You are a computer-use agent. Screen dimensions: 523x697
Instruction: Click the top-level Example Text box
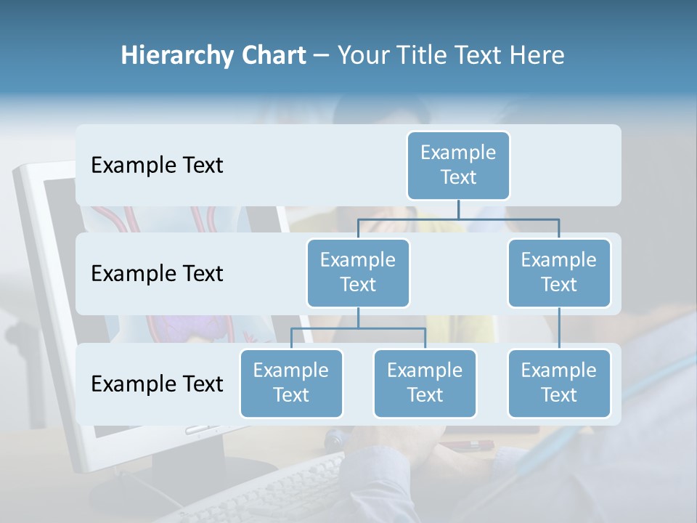[x=458, y=166]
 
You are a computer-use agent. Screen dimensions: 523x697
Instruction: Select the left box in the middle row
[x=358, y=273]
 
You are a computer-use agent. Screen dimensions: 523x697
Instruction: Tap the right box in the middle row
[x=559, y=273]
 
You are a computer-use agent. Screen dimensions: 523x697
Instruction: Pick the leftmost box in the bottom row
[x=291, y=384]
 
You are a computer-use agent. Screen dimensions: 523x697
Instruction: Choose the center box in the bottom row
[x=425, y=384]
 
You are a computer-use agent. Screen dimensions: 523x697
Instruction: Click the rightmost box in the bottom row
[x=559, y=384]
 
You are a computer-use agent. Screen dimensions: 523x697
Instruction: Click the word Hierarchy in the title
[x=176, y=56]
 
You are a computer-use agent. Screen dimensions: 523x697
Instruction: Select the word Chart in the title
[x=272, y=55]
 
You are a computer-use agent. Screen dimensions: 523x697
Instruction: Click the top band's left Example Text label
[x=157, y=166]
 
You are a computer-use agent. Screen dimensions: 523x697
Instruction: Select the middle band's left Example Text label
[x=157, y=274]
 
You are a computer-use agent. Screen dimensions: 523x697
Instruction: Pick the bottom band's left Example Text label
[x=157, y=384]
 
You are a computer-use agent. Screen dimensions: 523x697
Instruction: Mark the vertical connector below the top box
[x=458, y=209]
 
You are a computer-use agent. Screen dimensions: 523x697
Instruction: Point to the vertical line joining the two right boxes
[x=559, y=328]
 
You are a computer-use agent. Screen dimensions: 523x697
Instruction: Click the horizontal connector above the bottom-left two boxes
[x=358, y=328]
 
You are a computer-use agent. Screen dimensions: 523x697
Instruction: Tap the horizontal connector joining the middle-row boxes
[x=458, y=218]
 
